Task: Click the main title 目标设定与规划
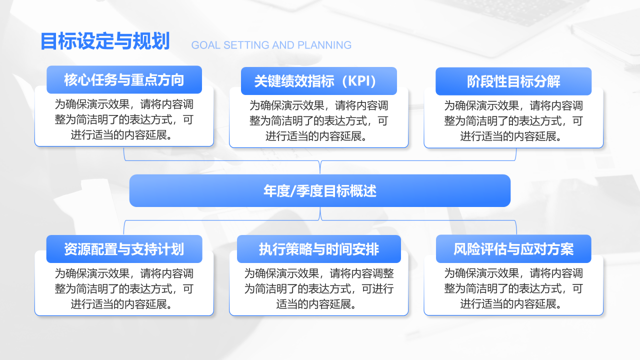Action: (105, 41)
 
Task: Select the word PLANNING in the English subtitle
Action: (324, 45)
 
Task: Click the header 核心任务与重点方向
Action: (124, 79)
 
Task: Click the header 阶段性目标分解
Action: (513, 81)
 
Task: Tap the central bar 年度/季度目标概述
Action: (320, 190)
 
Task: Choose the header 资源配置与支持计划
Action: (124, 249)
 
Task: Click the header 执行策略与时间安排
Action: (319, 249)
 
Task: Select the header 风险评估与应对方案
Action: (513, 249)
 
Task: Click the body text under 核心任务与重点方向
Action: (124, 119)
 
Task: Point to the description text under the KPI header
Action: (319, 121)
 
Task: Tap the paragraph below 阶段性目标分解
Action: (513, 121)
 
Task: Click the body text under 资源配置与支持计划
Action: (124, 289)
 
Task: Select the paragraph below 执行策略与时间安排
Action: (319, 289)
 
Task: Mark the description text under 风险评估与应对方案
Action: (513, 288)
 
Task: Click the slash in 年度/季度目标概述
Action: (293, 191)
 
